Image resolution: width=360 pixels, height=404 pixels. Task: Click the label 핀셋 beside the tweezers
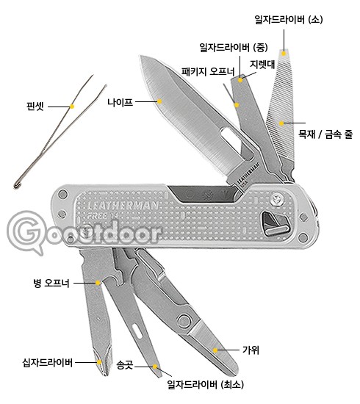[x=35, y=107]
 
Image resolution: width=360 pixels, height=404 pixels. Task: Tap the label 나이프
[x=120, y=102]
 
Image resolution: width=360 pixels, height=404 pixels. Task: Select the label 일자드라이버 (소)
[x=288, y=20]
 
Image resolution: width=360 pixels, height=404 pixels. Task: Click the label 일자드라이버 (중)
[x=234, y=48]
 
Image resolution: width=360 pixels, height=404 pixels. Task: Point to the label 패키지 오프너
[x=208, y=71]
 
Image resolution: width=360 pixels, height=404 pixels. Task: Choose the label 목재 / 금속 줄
[x=325, y=134]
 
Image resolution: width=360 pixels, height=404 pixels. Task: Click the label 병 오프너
[x=51, y=283]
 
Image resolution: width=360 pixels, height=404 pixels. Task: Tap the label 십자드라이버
[x=48, y=363]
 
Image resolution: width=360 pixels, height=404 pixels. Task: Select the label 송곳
[x=124, y=365]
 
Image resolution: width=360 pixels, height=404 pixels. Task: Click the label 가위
[x=251, y=350]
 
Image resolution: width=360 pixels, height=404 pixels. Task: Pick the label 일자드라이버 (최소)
[x=206, y=385]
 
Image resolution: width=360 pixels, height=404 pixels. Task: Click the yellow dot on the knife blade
[x=159, y=101]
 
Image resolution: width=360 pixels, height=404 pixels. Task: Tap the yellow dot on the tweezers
[x=72, y=107]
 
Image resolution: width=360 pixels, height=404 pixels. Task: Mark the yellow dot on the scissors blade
[x=215, y=350]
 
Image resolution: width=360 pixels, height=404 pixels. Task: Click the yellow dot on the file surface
[x=281, y=123]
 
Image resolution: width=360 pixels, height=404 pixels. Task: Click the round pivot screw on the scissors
[x=184, y=322]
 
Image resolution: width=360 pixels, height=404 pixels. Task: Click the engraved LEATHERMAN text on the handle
[x=123, y=206]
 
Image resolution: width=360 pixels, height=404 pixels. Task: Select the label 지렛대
[x=262, y=65]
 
